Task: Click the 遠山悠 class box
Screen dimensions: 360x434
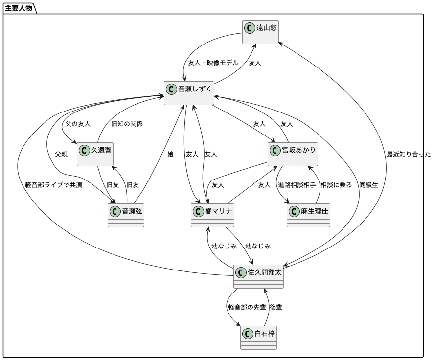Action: click(260, 31)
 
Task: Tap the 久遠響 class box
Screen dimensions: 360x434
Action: click(95, 154)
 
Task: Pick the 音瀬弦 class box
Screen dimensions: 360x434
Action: click(126, 215)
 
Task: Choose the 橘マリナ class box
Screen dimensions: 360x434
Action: click(212, 215)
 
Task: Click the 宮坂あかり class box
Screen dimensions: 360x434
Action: click(293, 154)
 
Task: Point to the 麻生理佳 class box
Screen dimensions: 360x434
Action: click(308, 215)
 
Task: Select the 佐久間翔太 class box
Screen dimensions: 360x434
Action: click(258, 276)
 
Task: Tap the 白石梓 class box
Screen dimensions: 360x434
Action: click(258, 337)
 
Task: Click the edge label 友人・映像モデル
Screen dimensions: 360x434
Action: click(213, 63)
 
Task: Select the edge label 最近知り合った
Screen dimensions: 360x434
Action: click(409, 154)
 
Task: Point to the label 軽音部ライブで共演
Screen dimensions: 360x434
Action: click(54, 185)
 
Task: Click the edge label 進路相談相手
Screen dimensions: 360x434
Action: click(297, 185)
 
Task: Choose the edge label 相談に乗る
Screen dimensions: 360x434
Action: click(336, 185)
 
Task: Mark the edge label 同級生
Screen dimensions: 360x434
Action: click(368, 185)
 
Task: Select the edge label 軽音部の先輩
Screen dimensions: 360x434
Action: click(247, 307)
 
